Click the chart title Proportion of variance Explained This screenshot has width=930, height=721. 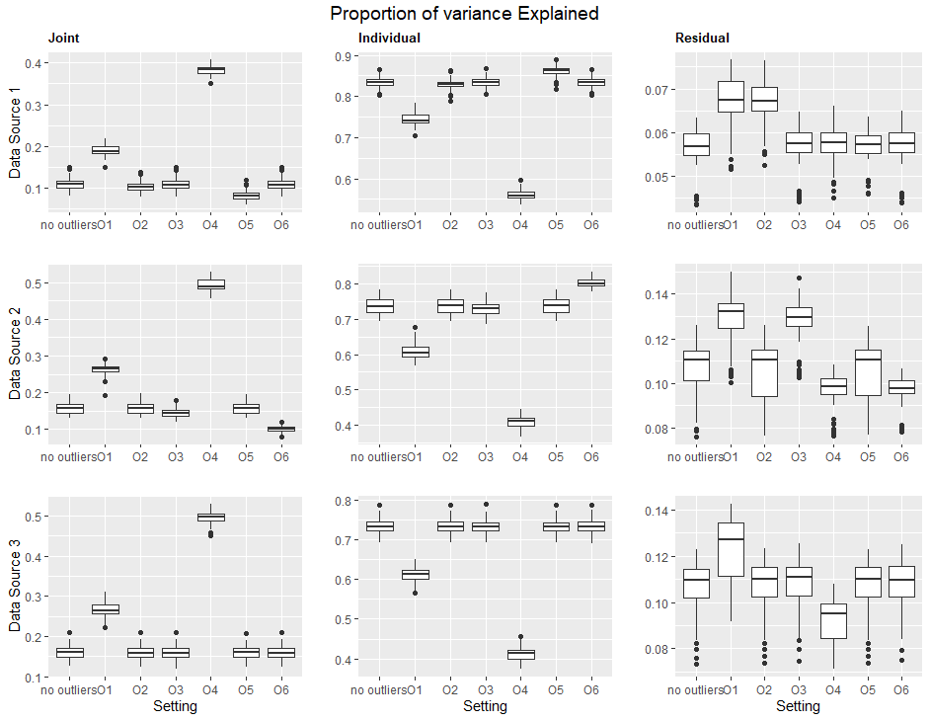464,14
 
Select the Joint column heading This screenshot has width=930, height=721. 63,39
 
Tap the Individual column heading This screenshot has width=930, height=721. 389,39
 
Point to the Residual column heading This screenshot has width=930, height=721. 702,39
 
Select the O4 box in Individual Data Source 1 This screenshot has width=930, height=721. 520,195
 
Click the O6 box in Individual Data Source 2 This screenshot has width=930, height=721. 591,282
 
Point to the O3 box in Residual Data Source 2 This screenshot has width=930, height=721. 799,316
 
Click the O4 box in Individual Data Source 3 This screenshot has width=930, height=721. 520,654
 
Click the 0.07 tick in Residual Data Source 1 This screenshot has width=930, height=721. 654,89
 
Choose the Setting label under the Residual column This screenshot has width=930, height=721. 798,706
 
